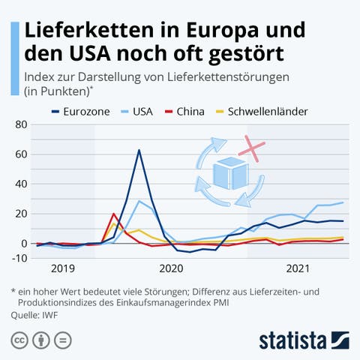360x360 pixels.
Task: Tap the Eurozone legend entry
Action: click(79, 112)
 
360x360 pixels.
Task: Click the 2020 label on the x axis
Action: click(172, 268)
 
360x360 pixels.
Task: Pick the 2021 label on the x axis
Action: click(298, 268)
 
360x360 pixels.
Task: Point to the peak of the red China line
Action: click(113, 214)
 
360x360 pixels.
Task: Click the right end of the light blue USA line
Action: click(343, 202)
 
